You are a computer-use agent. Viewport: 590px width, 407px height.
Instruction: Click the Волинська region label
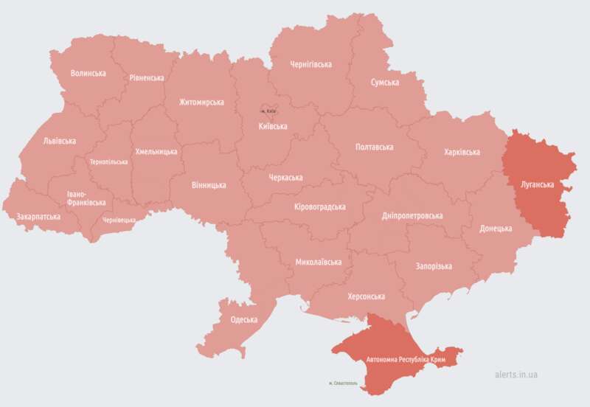tap(88, 74)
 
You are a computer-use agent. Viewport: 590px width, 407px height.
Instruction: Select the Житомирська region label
tap(201, 102)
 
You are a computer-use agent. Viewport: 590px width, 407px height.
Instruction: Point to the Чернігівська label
tap(310, 64)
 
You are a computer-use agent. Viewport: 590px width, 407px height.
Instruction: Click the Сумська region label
tap(385, 83)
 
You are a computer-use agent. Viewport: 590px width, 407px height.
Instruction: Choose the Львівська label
tap(60, 141)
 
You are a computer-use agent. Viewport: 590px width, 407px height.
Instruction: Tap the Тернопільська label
tap(108, 161)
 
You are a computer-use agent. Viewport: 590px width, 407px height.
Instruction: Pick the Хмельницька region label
tap(156, 151)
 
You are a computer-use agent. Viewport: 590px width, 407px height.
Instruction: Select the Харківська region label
tap(462, 152)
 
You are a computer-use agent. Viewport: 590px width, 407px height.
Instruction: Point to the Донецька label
tap(496, 229)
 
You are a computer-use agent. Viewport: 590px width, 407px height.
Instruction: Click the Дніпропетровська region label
tap(412, 216)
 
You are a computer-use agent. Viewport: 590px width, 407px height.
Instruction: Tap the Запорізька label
tap(434, 266)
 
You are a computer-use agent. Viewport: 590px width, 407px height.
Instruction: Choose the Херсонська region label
tap(366, 296)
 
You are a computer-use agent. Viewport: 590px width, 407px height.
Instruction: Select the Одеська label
tap(243, 319)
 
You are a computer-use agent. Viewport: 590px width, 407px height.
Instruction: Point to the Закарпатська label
tap(38, 218)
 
